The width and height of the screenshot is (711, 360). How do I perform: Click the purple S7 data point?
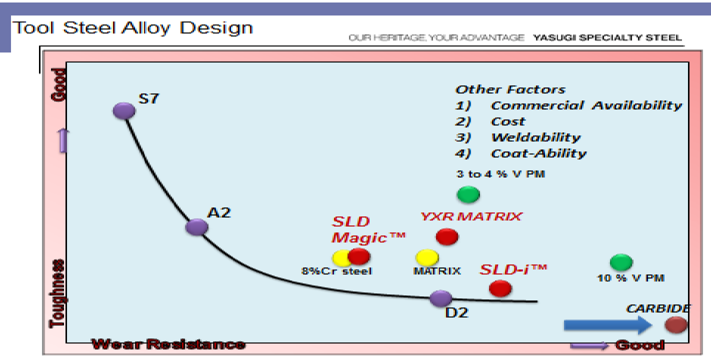point(124,110)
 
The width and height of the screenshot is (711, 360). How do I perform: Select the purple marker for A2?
point(196,227)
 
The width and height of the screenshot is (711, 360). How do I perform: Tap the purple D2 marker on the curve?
point(441,298)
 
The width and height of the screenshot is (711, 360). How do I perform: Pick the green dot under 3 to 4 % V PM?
point(468,194)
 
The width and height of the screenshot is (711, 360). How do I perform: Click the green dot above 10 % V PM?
point(621,262)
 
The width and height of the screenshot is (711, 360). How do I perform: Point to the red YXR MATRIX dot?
point(446,236)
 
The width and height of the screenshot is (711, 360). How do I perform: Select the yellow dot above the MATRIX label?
point(427,257)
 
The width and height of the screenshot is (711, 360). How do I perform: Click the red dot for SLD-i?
point(500,288)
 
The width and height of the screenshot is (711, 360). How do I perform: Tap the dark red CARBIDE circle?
point(676,325)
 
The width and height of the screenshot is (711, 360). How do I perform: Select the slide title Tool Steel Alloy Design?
point(133,27)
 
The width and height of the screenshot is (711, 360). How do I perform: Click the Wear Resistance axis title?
point(168,344)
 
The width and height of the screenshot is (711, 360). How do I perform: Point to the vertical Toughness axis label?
point(57,293)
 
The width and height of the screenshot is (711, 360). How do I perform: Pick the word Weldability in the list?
point(535,137)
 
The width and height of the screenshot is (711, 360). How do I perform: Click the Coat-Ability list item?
point(538,153)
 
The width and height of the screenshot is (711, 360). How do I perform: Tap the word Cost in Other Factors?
point(508,121)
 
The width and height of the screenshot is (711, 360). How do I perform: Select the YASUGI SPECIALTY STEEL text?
point(607,38)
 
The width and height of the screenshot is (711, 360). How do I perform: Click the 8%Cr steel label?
point(336,271)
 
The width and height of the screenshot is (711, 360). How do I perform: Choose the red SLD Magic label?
point(367,229)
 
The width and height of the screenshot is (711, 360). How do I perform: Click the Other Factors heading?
point(510,90)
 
